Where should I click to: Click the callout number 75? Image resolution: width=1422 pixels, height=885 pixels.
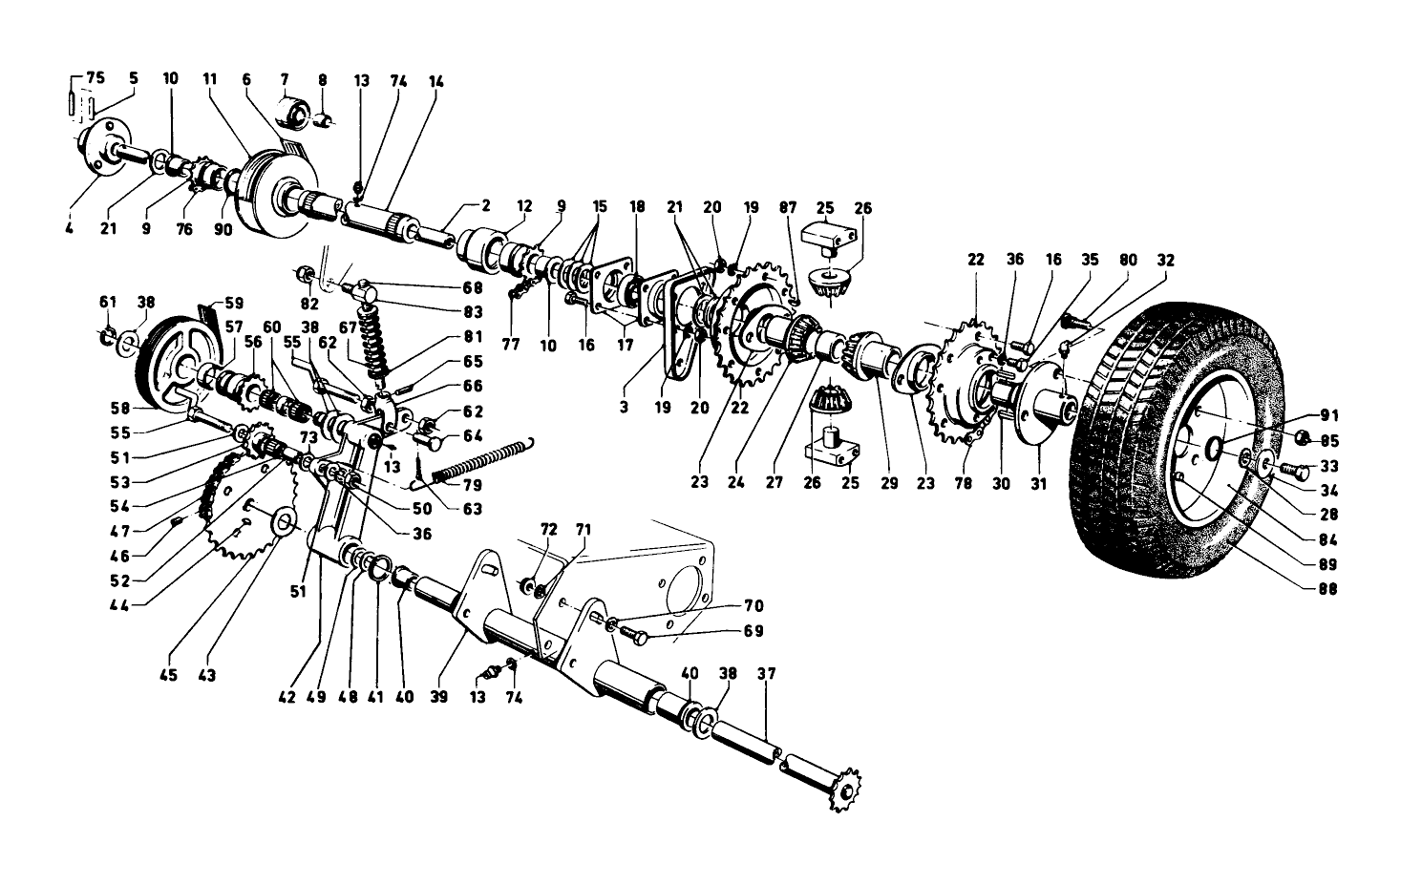96,78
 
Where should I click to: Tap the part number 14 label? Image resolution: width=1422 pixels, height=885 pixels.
436,82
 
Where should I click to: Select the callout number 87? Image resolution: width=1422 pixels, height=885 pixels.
788,208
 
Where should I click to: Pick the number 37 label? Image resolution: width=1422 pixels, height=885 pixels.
767,674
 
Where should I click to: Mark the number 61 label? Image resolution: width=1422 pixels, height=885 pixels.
107,302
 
